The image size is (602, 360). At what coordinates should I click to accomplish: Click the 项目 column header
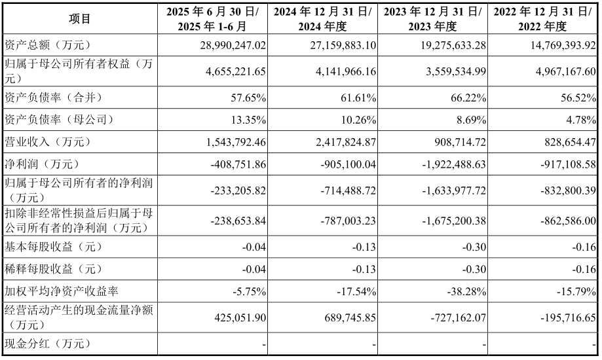click(x=80, y=19)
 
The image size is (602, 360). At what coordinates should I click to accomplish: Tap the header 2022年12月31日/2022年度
click(x=543, y=19)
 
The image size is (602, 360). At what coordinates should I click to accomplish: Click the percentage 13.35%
click(x=248, y=120)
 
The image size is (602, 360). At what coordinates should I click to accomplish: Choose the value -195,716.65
click(x=560, y=317)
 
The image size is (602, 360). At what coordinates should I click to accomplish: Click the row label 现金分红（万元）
click(x=47, y=344)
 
